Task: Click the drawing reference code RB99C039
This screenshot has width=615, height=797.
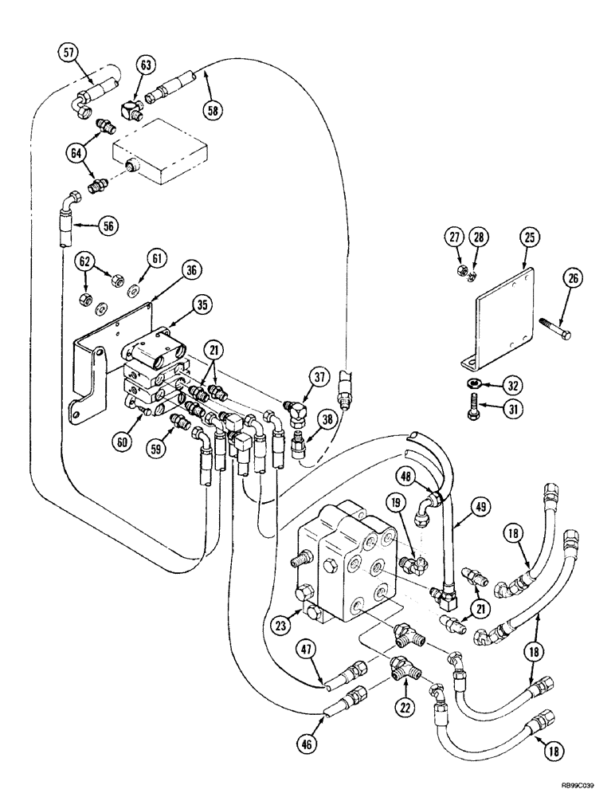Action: click(571, 784)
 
